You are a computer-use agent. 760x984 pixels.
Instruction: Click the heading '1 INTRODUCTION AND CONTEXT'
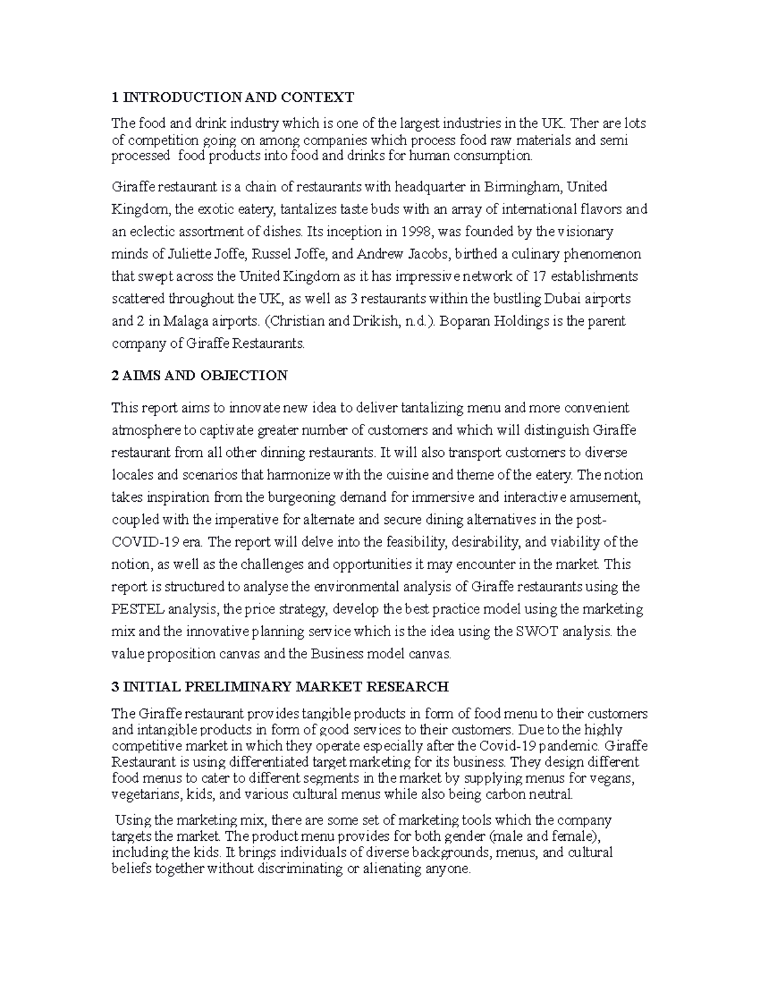[x=232, y=97]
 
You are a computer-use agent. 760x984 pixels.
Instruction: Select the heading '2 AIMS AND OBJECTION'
[x=199, y=376]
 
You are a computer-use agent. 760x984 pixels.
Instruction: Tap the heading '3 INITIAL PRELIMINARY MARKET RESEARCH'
[x=280, y=686]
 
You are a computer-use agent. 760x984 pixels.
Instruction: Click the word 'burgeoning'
[x=286, y=497]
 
